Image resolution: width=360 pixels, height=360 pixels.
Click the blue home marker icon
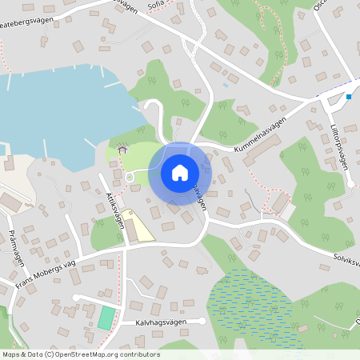pos(179,172)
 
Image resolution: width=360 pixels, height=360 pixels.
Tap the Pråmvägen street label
pos(17,248)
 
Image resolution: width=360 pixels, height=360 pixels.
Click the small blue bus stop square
pos(349,98)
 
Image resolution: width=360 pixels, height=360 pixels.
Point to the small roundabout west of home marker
pos(129,177)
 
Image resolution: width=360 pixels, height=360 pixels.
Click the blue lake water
pos(48,112)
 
